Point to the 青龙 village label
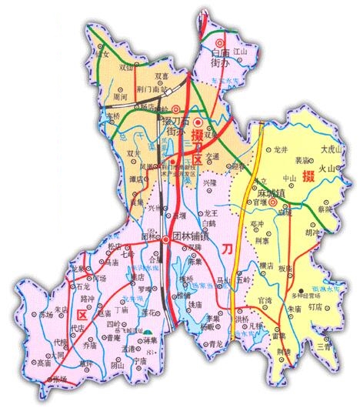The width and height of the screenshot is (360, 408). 216,345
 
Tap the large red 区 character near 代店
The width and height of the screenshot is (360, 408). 82,313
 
